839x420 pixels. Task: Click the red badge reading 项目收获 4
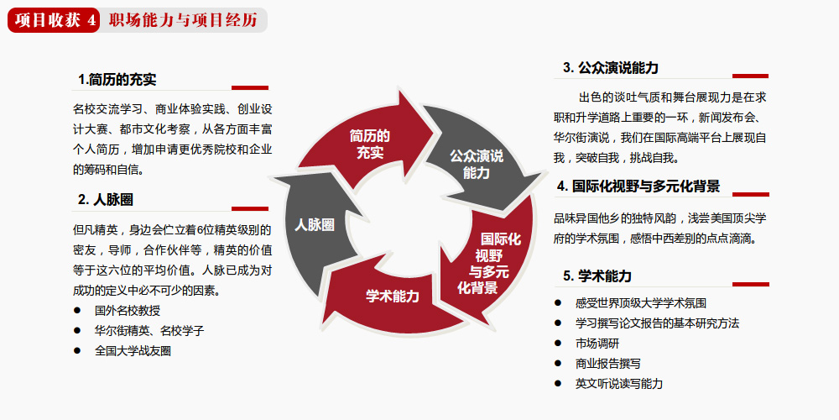[x=54, y=20]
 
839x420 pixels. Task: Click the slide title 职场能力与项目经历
[x=183, y=20]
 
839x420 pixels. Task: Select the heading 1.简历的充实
[x=117, y=80]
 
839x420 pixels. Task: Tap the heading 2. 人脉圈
[x=106, y=201]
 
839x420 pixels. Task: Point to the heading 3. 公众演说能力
[x=611, y=68]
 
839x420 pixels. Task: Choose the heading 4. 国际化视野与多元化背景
[x=638, y=186]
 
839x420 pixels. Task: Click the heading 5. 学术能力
[x=597, y=276]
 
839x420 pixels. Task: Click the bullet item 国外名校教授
[x=128, y=311]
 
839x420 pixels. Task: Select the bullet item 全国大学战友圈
[x=133, y=351]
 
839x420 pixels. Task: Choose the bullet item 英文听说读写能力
[x=619, y=384]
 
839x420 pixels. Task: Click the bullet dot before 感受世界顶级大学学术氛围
[x=558, y=302]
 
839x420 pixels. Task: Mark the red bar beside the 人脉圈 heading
[x=250, y=209]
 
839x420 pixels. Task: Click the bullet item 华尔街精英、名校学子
[x=149, y=331]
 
